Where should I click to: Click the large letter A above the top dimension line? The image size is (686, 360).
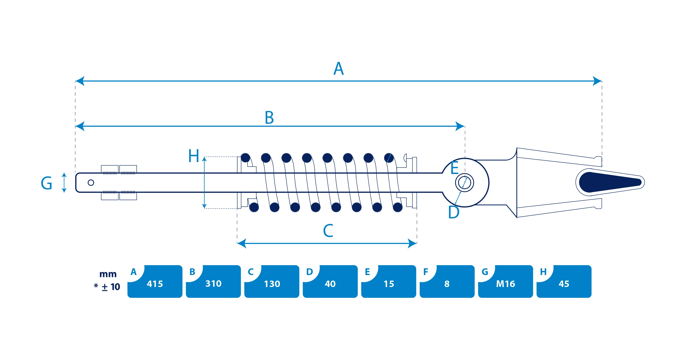(339, 69)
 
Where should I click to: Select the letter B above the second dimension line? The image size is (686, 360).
(269, 118)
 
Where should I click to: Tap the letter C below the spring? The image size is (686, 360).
(328, 231)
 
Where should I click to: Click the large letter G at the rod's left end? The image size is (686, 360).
(47, 183)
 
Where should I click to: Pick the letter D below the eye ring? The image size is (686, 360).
(454, 212)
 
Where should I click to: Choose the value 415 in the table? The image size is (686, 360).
(155, 284)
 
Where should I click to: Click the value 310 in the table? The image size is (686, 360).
(213, 284)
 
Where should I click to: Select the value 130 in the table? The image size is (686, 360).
(272, 284)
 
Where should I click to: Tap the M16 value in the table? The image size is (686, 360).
(506, 284)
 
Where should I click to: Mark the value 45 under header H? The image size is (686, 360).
(564, 284)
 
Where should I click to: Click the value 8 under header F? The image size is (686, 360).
(447, 284)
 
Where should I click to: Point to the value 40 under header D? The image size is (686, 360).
(330, 284)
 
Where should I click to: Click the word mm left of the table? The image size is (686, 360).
(108, 274)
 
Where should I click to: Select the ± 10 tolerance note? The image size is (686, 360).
(111, 287)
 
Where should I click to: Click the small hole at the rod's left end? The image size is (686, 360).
(91, 183)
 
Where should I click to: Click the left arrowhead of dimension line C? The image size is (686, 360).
(242, 243)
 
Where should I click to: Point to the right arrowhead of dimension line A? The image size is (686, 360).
(597, 81)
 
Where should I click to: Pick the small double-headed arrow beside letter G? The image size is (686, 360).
(64, 183)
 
